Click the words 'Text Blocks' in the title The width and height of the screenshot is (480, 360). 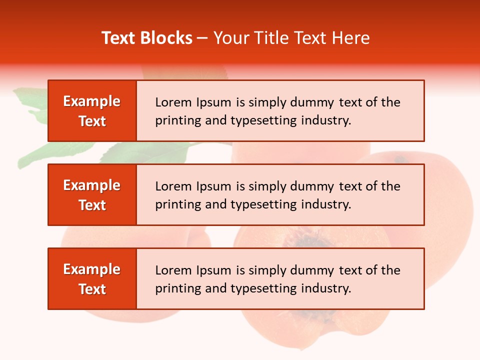(147, 38)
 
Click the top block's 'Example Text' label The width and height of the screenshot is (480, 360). (92, 111)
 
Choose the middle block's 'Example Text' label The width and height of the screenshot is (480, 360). (92, 195)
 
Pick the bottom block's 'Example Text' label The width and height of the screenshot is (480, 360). (92, 279)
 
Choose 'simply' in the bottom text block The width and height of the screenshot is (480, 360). (268, 271)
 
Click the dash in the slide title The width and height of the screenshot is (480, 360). (202, 38)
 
